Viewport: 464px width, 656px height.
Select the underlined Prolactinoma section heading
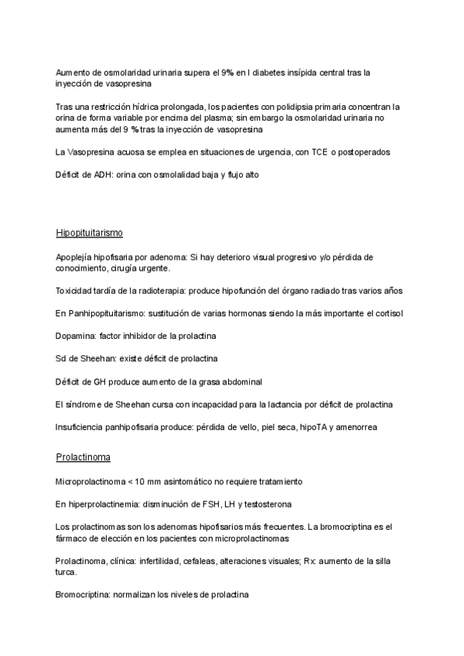(83, 458)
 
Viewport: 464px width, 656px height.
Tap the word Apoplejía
(74, 256)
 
